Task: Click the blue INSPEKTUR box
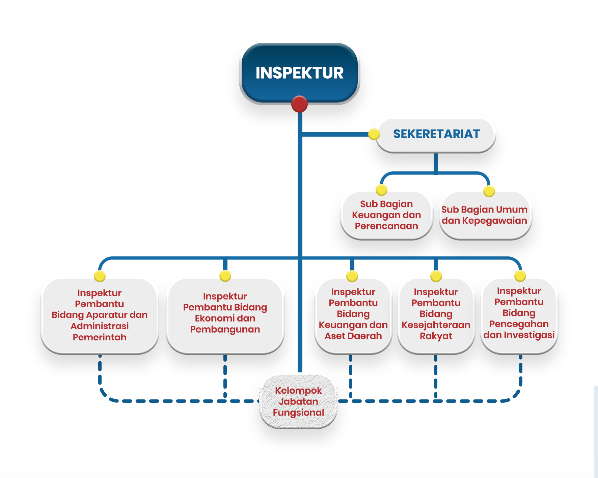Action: click(299, 73)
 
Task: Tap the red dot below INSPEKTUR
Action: click(299, 104)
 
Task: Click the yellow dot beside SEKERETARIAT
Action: click(374, 134)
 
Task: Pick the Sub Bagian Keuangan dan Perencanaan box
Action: click(386, 215)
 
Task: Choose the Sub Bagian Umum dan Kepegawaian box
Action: click(485, 215)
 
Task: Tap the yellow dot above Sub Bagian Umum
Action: click(489, 191)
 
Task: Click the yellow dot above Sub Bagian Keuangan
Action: click(381, 190)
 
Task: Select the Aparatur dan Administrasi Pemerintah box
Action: click(100, 316)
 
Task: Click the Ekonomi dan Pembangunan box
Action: click(225, 316)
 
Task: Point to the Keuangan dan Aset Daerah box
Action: click(353, 316)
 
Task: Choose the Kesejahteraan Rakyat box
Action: click(436, 316)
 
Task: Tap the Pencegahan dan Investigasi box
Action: click(519, 316)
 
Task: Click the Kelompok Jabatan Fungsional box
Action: click(299, 401)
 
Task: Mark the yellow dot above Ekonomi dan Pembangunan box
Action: click(225, 276)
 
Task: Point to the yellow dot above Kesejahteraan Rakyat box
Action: click(436, 276)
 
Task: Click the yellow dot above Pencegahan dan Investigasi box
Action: click(520, 276)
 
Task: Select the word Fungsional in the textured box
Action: click(299, 413)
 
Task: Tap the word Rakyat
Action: click(436, 336)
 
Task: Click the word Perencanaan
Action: click(386, 226)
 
